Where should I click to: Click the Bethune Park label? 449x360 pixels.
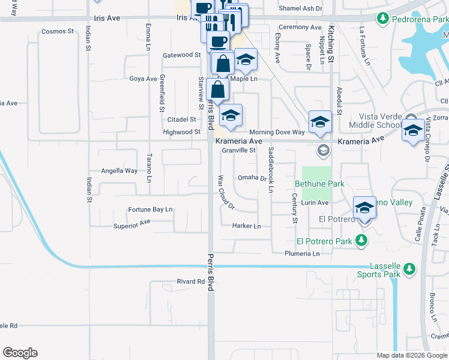319,184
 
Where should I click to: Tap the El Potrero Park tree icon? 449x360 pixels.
361,241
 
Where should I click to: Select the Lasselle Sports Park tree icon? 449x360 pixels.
409,268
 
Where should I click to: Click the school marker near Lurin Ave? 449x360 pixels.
364,208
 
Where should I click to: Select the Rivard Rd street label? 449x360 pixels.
191,281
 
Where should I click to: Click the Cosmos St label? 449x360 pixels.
58,31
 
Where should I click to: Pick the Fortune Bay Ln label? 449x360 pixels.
150,209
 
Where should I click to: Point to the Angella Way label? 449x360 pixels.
119,171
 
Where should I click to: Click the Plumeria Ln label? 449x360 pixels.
302,254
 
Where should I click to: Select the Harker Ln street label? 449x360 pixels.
247,226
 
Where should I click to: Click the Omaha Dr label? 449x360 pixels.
252,178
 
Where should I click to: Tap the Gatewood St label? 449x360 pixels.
181,55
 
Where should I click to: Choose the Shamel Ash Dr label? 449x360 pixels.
301,9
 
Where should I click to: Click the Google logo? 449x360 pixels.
20,353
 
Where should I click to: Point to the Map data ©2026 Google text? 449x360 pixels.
412,355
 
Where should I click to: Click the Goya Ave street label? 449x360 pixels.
143,79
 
